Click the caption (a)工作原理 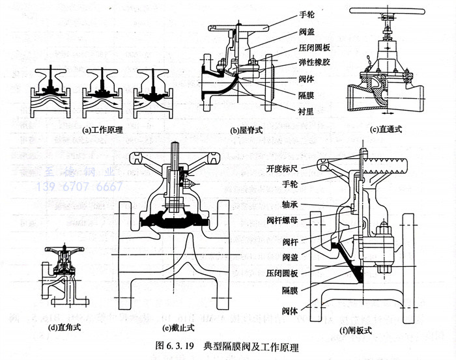(x=103, y=130)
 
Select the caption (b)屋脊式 (x=246, y=130)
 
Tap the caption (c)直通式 (x=387, y=129)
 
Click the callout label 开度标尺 (x=285, y=169)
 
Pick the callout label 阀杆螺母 (x=283, y=219)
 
